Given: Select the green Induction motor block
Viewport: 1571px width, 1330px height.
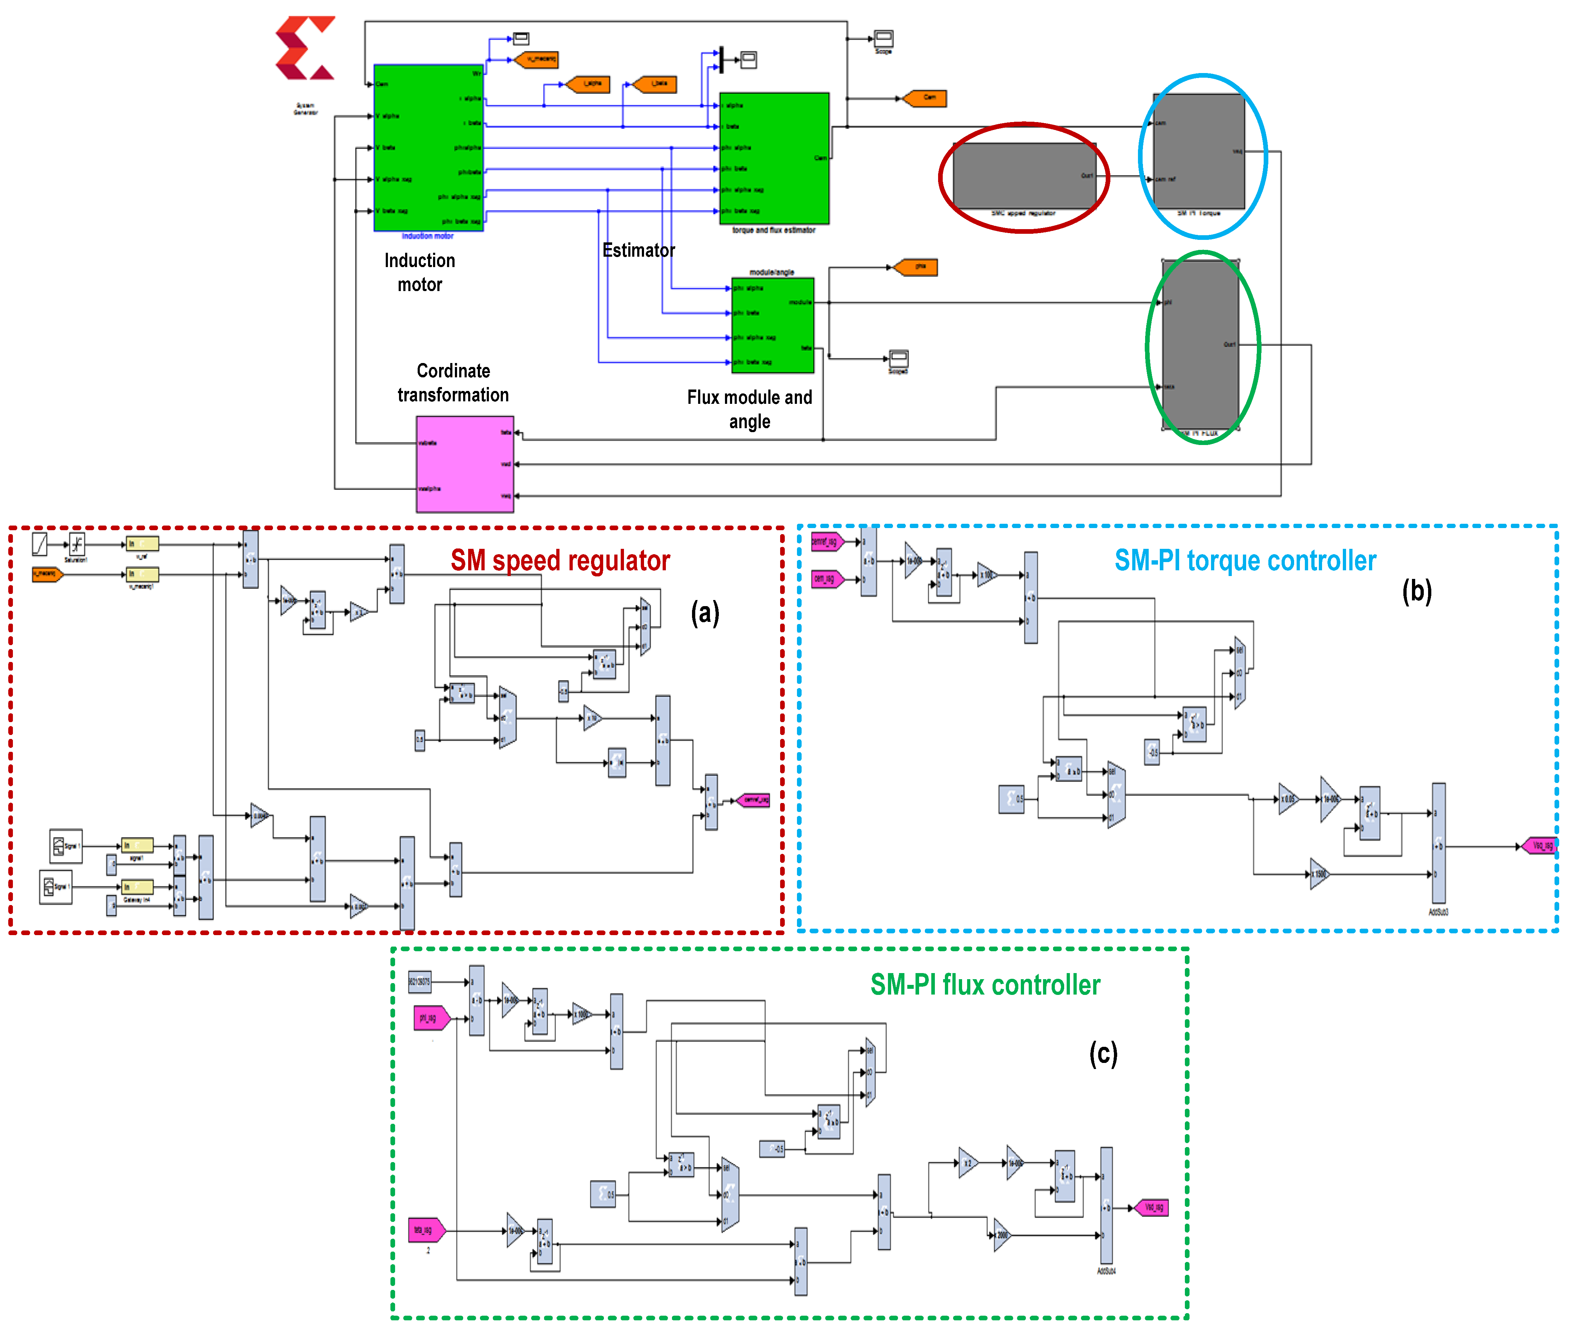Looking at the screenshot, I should point(428,148).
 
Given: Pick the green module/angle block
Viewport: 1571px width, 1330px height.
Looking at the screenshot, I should point(772,325).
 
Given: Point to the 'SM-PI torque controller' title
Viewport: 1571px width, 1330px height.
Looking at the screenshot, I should point(1245,560).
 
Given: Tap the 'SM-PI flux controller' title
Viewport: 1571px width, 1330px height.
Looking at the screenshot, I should point(985,985).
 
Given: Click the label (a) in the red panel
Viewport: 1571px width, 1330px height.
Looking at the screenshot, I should point(705,612).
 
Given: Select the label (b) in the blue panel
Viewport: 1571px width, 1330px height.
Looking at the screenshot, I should point(1416,591).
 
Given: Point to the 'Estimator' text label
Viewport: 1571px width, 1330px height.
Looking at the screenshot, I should point(638,250).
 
